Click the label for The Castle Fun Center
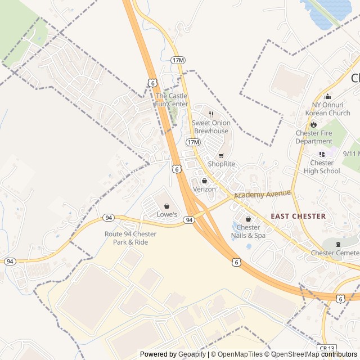click(172, 100)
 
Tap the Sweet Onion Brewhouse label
click(211, 127)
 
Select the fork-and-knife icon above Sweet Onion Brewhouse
click(211, 114)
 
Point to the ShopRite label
click(221, 164)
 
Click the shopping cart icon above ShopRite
click(221, 155)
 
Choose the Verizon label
click(204, 189)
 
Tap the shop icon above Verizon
click(204, 181)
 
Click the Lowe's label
click(166, 214)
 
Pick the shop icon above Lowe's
click(166, 206)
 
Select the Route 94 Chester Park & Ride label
click(130, 237)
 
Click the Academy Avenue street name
click(262, 194)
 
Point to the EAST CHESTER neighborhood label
click(298, 216)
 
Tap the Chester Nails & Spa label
click(248, 231)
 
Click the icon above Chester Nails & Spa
click(248, 219)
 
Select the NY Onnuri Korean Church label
click(327, 109)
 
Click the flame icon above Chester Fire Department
click(314, 124)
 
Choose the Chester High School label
click(322, 167)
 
